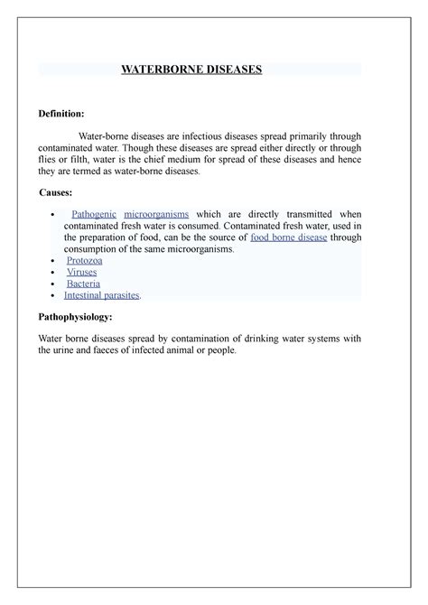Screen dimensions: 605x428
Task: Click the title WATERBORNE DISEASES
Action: point(191,69)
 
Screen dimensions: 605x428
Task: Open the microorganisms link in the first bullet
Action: point(156,212)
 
